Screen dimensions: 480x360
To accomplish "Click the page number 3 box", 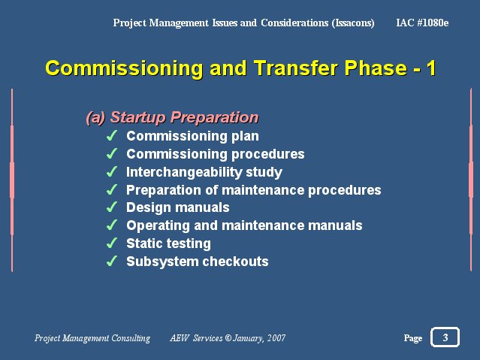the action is pyautogui.click(x=445, y=337).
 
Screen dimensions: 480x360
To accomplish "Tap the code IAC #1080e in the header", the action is pyautogui.click(x=422, y=23).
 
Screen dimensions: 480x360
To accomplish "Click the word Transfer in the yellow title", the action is pyautogui.click(x=296, y=68).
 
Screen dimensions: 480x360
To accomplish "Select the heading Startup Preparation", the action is pyautogui.click(x=184, y=117).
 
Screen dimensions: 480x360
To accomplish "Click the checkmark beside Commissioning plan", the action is pyautogui.click(x=112, y=135).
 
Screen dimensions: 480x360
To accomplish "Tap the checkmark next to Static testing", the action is pyautogui.click(x=112, y=243).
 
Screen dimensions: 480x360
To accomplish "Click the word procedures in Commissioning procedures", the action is pyautogui.click(x=268, y=154).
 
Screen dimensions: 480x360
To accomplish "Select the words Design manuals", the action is pyautogui.click(x=178, y=207).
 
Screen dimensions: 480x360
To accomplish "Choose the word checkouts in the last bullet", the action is pyautogui.click(x=235, y=262).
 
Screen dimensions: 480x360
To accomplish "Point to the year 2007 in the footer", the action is pyautogui.click(x=276, y=338).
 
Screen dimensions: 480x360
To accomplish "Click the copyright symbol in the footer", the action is pyautogui.click(x=228, y=337).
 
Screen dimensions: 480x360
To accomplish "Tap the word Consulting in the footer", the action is pyautogui.click(x=131, y=338).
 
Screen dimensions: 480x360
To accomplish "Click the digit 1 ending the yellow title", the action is pyautogui.click(x=431, y=68).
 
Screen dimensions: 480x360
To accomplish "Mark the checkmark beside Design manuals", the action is pyautogui.click(x=112, y=207).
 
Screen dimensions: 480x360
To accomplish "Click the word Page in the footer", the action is pyautogui.click(x=413, y=338).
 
